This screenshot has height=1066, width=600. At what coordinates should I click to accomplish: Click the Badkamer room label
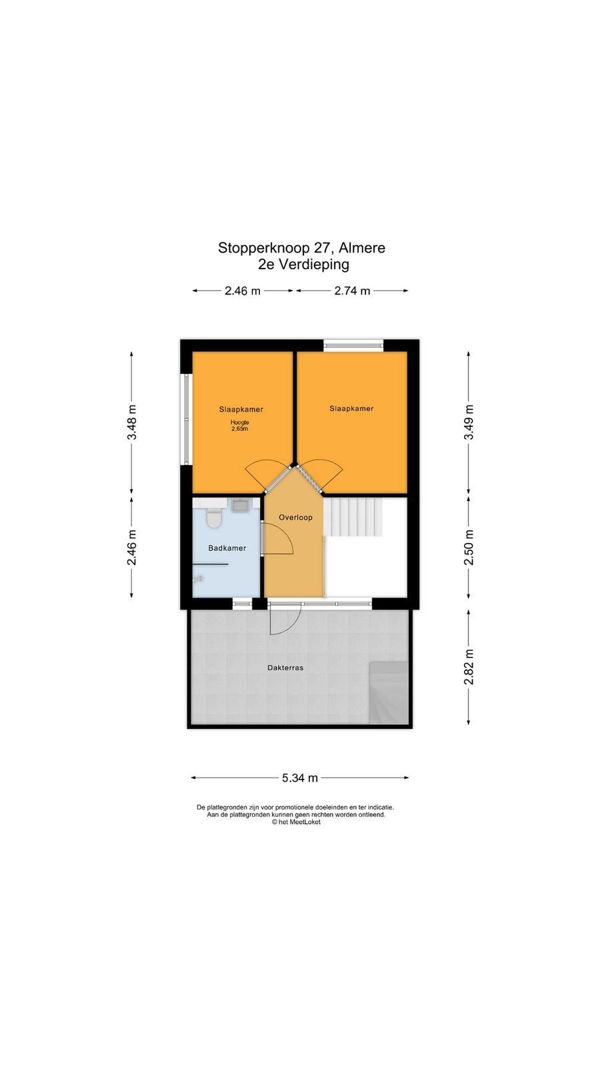tap(227, 548)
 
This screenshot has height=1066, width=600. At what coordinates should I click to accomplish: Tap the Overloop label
tap(295, 518)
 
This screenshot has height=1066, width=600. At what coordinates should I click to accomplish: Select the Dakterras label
tap(285, 668)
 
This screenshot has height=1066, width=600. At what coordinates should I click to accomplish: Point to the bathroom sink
tap(239, 504)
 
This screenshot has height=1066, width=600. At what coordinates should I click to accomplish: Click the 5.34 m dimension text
tap(299, 778)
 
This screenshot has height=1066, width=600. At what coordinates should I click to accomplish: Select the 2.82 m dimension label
tap(469, 666)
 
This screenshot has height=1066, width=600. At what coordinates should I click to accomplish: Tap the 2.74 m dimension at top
tap(352, 290)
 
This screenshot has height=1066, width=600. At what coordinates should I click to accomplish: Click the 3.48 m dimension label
tap(132, 422)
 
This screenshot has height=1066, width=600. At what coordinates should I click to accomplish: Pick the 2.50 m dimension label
tap(469, 547)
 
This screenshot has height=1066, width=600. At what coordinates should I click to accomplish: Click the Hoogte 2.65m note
tap(239, 426)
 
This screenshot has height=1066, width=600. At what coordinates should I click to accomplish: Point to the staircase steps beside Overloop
tap(353, 517)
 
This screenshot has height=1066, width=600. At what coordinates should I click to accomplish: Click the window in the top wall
tap(353, 345)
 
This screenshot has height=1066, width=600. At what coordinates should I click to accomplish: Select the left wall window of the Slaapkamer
tap(186, 419)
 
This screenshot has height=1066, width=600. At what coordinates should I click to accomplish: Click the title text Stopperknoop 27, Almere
tap(301, 248)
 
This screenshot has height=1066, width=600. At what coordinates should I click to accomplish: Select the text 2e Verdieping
tap(303, 265)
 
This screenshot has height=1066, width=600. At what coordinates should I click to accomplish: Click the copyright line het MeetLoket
tap(296, 822)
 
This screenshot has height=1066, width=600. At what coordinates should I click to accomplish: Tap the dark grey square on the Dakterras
tap(389, 692)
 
